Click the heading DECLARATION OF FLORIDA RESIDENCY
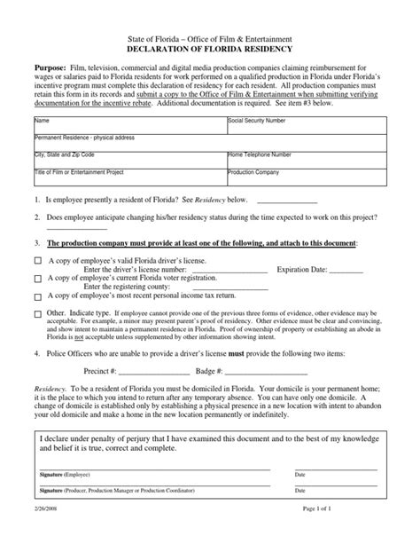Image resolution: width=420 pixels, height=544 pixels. pos(210,50)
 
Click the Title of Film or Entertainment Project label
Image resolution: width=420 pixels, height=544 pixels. pos(78,172)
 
